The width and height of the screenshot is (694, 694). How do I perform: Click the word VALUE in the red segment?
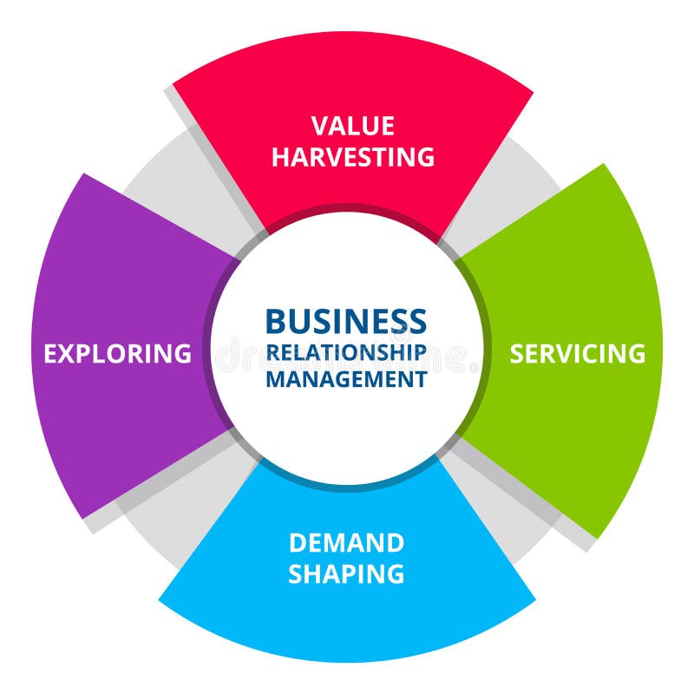click(x=352, y=127)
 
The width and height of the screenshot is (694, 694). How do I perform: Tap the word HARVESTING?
click(x=352, y=157)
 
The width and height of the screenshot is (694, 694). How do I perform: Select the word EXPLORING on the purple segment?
click(x=117, y=354)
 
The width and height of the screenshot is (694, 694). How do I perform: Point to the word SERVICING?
click(x=577, y=354)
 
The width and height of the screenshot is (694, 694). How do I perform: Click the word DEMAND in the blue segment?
click(x=346, y=543)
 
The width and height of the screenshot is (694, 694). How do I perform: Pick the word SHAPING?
click(x=346, y=573)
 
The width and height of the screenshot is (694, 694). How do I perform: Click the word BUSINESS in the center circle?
click(x=346, y=321)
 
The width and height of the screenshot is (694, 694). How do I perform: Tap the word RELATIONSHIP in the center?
click(x=346, y=352)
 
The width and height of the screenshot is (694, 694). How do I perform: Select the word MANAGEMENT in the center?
click(x=346, y=379)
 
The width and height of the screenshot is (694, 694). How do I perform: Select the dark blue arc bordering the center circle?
click(x=347, y=484)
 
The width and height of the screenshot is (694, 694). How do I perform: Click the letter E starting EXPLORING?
click(x=51, y=354)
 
